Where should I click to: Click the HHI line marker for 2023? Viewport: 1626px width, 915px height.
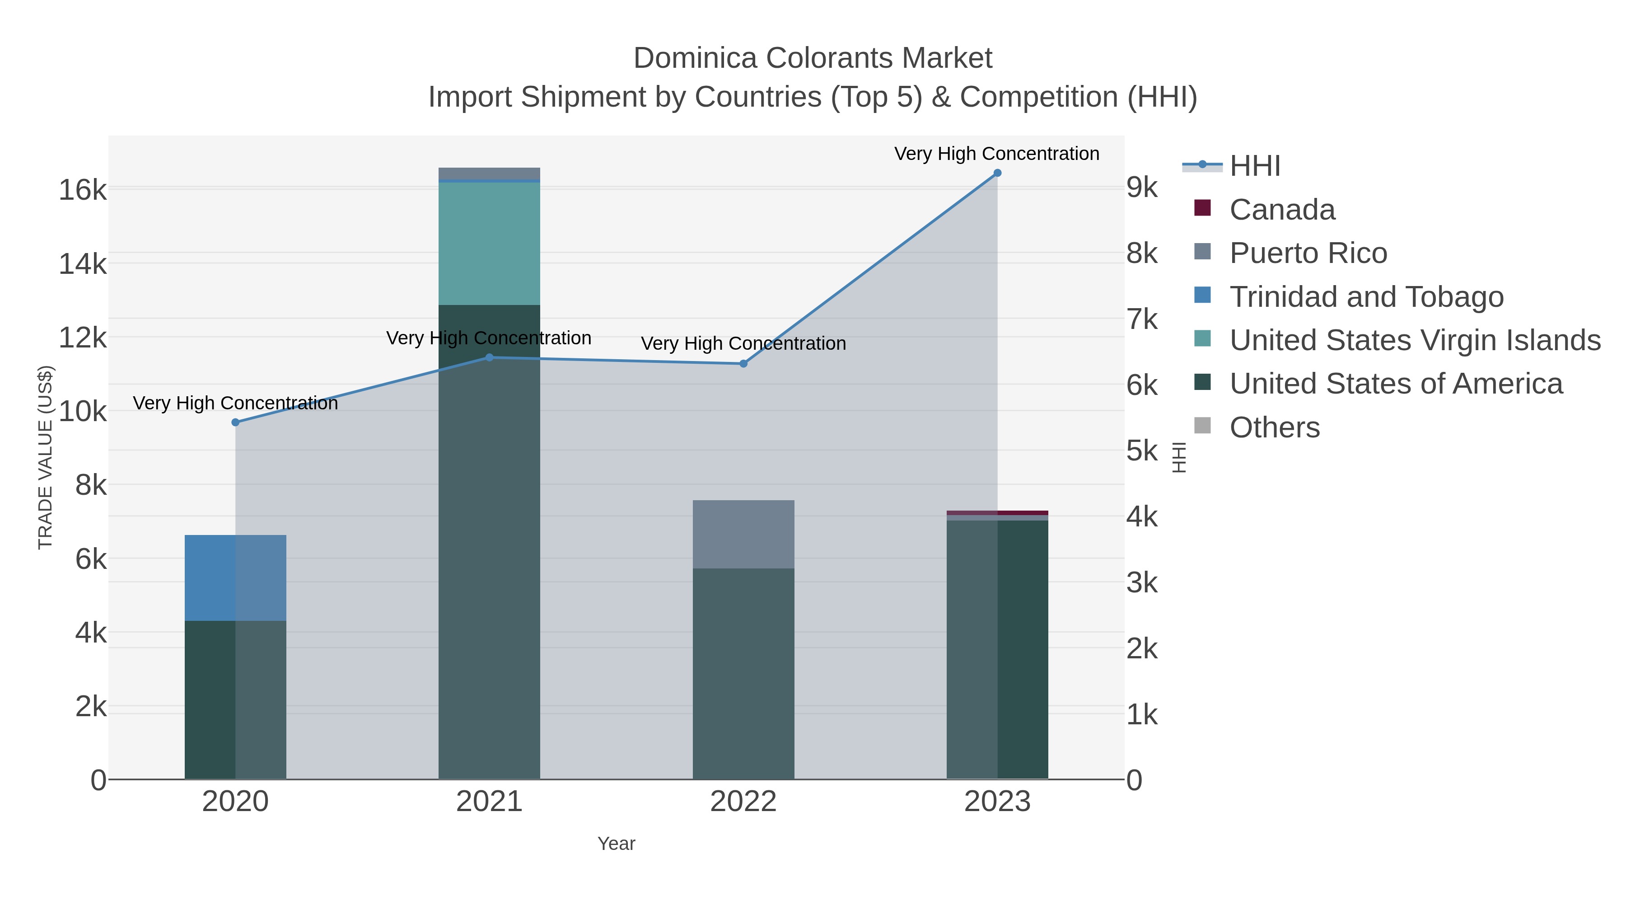click(997, 173)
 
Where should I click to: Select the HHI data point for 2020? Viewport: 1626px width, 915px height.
click(235, 422)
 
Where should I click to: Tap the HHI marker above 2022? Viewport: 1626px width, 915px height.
click(743, 364)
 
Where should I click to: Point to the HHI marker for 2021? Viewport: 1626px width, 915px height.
click(489, 357)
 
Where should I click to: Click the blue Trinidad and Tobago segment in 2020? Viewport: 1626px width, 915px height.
click(235, 578)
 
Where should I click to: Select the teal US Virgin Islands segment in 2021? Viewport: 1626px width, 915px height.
click(489, 243)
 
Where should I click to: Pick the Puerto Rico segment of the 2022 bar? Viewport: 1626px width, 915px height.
click(743, 534)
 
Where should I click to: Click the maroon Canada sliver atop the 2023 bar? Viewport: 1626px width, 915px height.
click(1023, 513)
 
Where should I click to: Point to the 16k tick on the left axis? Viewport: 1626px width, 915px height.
click(83, 189)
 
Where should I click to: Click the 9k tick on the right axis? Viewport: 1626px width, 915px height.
click(1143, 188)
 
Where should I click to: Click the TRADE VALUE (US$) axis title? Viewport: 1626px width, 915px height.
click(46, 457)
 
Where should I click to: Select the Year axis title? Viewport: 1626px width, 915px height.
click(616, 844)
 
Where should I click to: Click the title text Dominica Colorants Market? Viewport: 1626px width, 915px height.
click(813, 58)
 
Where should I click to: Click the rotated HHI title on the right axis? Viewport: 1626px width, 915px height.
click(1178, 457)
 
